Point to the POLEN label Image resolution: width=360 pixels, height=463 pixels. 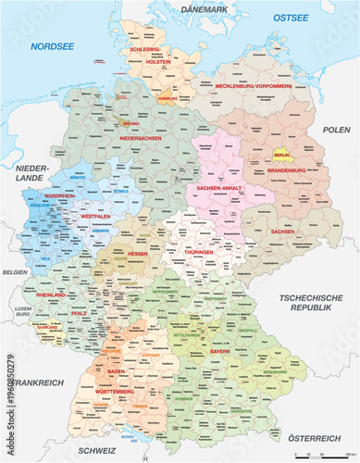point(336,131)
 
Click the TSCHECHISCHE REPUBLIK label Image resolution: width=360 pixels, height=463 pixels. point(310,303)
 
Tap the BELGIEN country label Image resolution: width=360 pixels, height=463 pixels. point(15,273)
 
